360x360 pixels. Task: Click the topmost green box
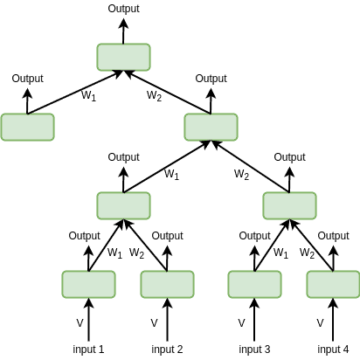tap(123, 57)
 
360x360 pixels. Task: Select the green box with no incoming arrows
tap(27, 127)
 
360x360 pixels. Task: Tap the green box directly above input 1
tap(88, 284)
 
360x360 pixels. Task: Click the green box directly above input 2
tap(167, 284)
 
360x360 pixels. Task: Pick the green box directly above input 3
tap(254, 284)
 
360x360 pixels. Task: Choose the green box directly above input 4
tap(333, 284)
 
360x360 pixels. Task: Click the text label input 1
tap(88, 350)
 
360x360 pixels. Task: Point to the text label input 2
tap(167, 350)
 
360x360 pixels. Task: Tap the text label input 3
tap(254, 350)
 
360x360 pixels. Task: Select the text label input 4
tap(333, 350)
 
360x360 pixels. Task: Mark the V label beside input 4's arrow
tap(320, 323)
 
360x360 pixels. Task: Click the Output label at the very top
tap(123, 8)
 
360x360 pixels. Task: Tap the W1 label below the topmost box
tap(88, 95)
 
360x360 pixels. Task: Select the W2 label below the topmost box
tap(154, 95)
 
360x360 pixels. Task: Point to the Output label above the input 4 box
tap(333, 235)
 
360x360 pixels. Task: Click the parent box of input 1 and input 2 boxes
tap(123, 205)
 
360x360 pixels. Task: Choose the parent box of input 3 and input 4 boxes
tap(289, 205)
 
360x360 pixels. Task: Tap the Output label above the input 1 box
tap(85, 235)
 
